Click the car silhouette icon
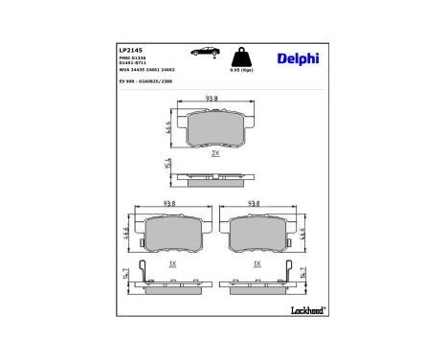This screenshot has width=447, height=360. [x=205, y=54]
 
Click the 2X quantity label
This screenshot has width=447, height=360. [x=215, y=153]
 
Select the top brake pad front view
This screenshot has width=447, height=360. [x=215, y=128]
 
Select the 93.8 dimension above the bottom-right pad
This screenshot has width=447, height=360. [x=255, y=204]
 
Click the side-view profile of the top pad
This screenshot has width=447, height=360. [x=215, y=178]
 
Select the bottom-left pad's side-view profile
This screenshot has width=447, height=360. [x=172, y=284]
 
